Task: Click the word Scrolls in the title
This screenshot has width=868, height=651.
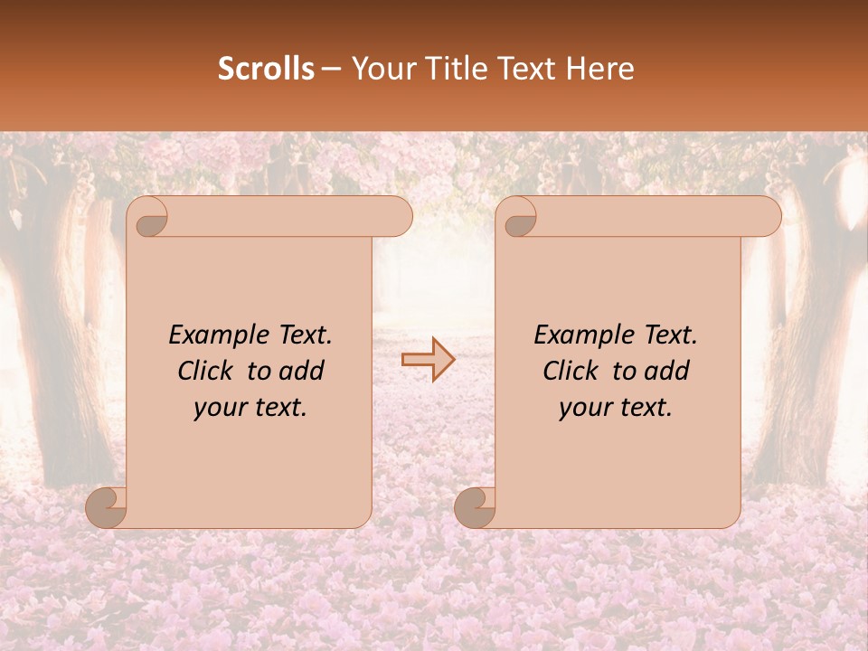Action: (266, 69)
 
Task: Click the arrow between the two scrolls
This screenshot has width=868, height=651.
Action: (428, 359)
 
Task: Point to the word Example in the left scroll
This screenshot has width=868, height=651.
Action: (213, 335)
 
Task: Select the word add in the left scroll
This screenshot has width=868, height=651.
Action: (302, 372)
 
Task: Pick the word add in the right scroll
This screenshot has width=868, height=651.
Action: (667, 372)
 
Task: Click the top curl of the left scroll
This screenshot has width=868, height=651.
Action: (148, 217)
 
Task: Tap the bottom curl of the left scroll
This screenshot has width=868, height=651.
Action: (107, 506)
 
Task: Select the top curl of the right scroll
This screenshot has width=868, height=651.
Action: (517, 217)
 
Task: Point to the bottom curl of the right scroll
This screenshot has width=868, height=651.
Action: (476, 506)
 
